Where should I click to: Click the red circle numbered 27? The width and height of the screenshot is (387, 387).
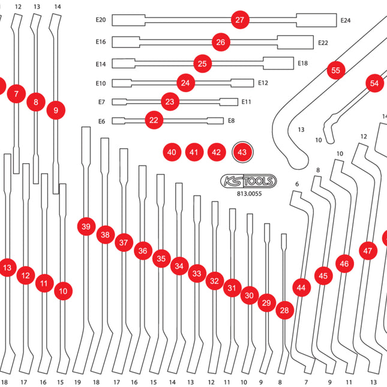pos(240,20)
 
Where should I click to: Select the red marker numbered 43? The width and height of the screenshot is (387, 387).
pos(242,152)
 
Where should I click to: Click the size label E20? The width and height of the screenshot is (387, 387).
pos(101,20)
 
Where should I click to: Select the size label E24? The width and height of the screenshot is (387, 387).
pos(346,20)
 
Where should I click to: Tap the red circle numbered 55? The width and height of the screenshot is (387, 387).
pos(335,70)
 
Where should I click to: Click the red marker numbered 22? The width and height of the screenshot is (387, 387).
pos(154,121)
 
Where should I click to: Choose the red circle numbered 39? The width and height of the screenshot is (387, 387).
pos(86,226)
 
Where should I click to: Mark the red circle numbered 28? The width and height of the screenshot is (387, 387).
pos(284,310)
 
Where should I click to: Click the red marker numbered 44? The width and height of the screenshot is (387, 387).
pos(301,288)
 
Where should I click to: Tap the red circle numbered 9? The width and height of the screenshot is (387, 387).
pos(56,110)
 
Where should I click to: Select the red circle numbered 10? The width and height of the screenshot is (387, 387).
pos(63,292)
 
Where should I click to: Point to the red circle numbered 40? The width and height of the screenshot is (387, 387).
pos(172,152)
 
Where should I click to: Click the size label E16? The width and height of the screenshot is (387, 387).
pos(101,42)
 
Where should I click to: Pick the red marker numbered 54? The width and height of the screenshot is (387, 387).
pos(374,83)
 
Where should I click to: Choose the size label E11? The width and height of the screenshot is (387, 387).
pos(246,102)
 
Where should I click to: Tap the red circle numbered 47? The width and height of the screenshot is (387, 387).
pos(368,251)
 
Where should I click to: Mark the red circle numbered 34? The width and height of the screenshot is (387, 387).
pos(179,265)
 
